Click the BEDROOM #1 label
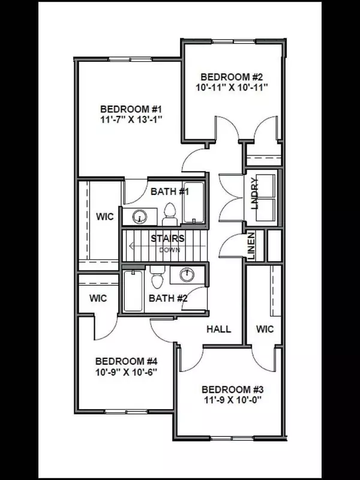pos(131,109)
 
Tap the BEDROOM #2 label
pos(232,77)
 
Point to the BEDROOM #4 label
pos(126,362)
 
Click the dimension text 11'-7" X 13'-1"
pos(131,120)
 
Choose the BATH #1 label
pos(170,192)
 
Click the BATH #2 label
pos(169,298)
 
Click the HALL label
pos(219,329)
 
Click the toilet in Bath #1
pos(169,212)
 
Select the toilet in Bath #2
pos(157,279)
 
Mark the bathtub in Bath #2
pos(133,290)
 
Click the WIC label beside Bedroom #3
pos(265,329)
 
